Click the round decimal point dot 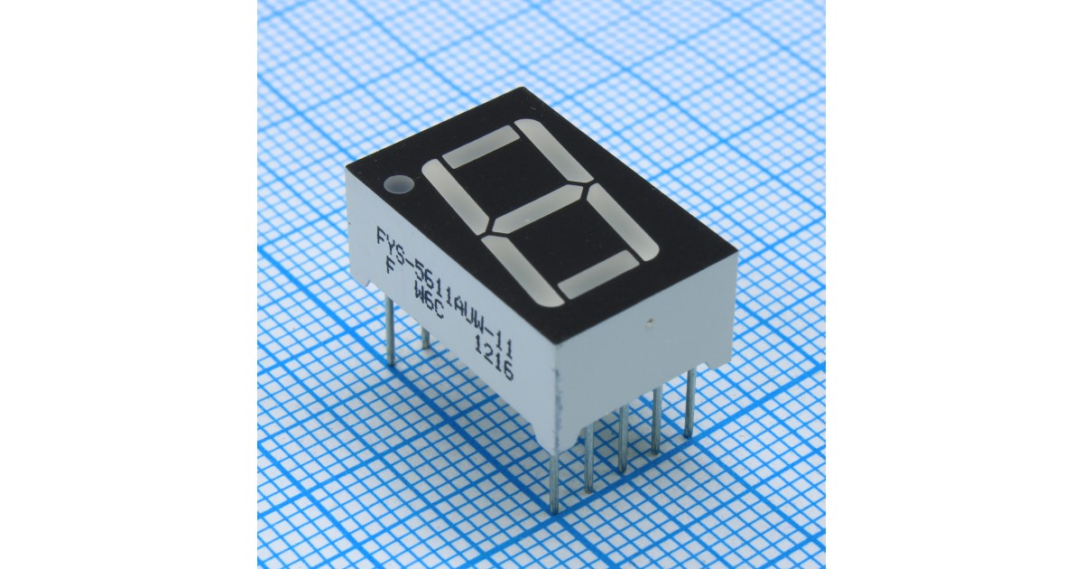click(x=397, y=186)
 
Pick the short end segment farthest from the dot click(x=597, y=275)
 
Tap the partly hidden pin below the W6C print click(x=425, y=339)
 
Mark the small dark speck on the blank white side click(x=651, y=321)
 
